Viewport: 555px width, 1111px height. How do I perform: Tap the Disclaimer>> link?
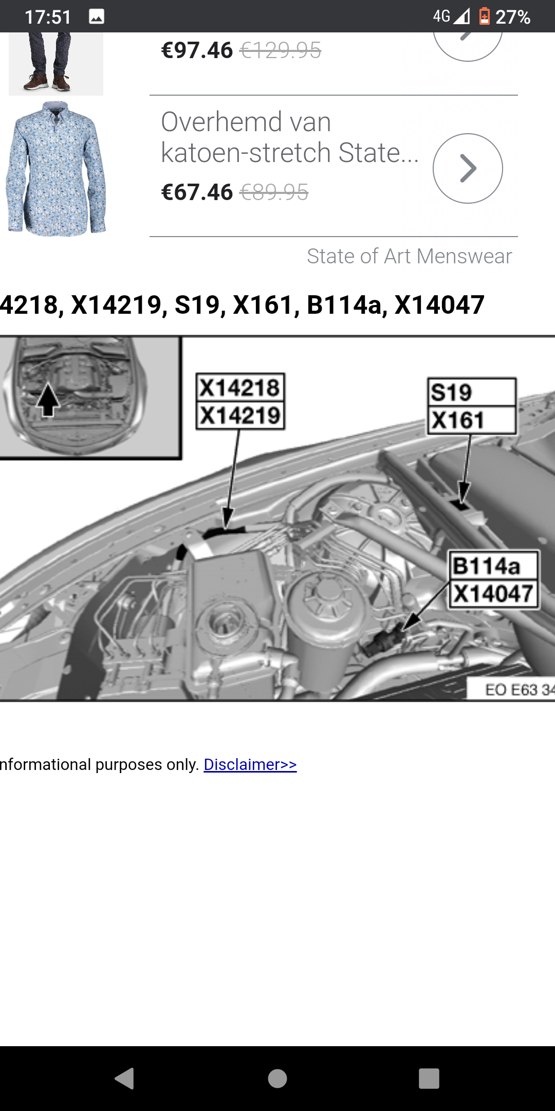[250, 765]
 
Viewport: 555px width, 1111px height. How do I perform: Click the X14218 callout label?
[240, 387]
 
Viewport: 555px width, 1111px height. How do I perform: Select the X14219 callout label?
[240, 416]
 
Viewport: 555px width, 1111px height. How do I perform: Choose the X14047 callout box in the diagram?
[494, 594]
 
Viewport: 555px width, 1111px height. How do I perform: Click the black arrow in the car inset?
[48, 399]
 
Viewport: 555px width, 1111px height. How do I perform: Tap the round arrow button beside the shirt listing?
[468, 168]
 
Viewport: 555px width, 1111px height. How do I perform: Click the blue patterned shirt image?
[55, 169]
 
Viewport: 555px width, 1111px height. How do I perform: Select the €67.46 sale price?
[197, 192]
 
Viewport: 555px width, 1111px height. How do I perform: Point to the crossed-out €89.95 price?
[274, 192]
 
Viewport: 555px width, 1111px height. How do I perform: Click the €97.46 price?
[197, 50]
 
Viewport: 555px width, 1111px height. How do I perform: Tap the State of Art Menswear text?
[410, 256]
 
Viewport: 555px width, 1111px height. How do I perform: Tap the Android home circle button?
[277, 1079]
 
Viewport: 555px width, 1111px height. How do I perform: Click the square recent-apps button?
[429, 1079]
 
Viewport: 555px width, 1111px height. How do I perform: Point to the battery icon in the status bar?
[484, 16]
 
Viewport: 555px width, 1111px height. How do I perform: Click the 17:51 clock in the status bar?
[48, 17]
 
